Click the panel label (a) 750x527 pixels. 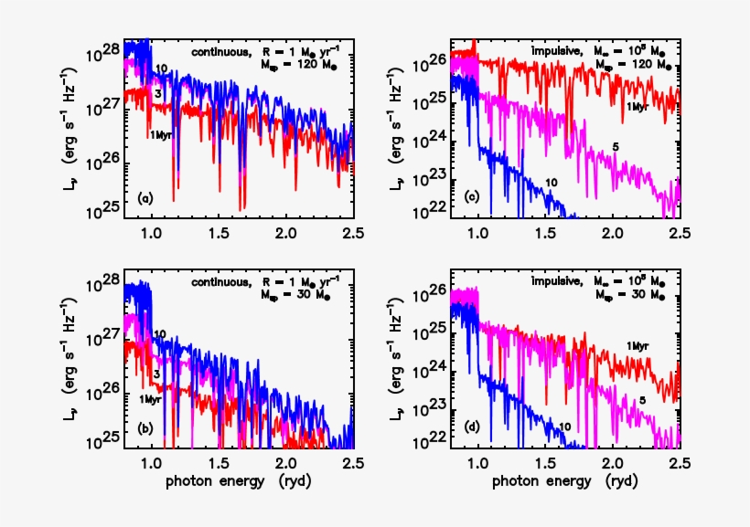coord(145,198)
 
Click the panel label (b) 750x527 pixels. coord(145,427)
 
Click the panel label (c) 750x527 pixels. coord(471,198)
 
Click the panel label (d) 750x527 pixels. coord(471,427)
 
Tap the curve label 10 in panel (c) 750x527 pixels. coord(552,183)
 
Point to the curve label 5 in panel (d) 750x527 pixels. coord(643,399)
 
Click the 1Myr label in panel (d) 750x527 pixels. coord(640,345)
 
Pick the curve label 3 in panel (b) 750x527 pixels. coord(158,374)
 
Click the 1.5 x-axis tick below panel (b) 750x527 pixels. coord(220,464)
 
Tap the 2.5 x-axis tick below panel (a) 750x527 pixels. coord(353,235)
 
